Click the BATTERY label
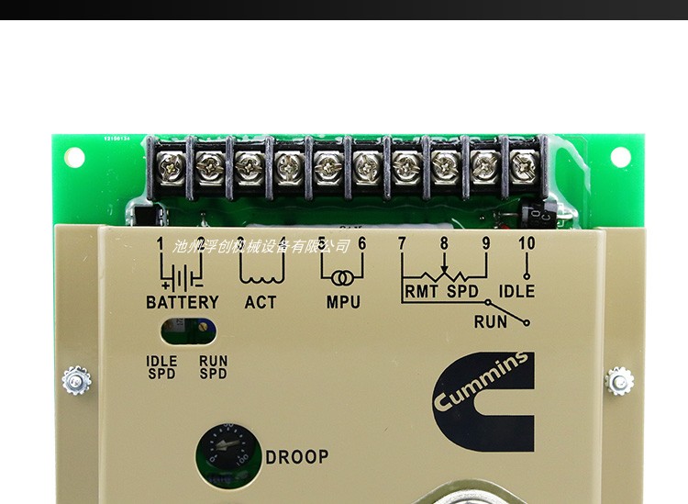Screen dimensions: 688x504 point(183,302)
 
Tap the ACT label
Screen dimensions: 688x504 point(261,302)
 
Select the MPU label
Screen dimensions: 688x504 point(343,302)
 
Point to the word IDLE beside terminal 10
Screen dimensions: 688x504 point(516,292)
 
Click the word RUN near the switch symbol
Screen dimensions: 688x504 point(491,321)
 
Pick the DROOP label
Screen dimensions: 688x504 point(296,456)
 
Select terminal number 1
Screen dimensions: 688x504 point(160,244)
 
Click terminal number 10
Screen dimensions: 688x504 point(526,244)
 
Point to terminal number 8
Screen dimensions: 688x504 point(444,244)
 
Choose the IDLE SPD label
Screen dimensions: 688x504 point(161,367)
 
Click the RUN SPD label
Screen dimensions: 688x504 point(213,367)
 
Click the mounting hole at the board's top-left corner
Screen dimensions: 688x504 point(72,157)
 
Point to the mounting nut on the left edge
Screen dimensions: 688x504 point(74,379)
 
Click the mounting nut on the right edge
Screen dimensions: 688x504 point(620,379)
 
